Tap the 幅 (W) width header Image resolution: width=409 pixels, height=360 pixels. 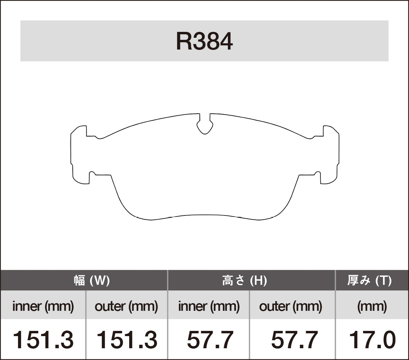click(92, 280)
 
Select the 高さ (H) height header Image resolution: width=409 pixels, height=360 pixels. click(244, 280)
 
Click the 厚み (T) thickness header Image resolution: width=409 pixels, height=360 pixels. click(369, 280)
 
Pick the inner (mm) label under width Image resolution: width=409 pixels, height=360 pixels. click(43, 306)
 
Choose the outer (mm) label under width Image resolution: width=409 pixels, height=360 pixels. click(126, 306)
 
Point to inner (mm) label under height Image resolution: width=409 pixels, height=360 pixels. click(209, 306)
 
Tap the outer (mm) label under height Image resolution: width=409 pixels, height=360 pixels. click(291, 306)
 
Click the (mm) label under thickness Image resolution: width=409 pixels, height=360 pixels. click(372, 306)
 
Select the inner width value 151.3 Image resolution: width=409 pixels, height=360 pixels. click(43, 340)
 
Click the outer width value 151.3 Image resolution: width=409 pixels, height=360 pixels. click(126, 340)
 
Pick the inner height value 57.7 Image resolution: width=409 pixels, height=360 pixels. click(210, 340)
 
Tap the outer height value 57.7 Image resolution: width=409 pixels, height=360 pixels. click(294, 340)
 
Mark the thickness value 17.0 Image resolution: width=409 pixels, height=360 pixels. click(372, 340)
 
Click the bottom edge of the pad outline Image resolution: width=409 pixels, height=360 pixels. click(205, 215)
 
